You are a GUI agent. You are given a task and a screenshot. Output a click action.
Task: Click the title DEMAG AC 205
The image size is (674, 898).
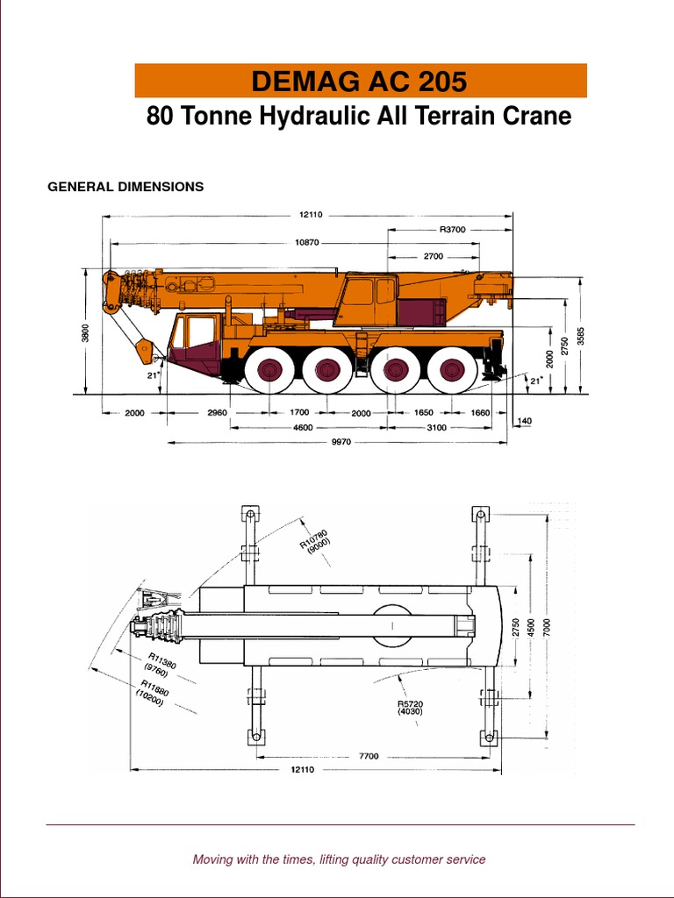point(359,82)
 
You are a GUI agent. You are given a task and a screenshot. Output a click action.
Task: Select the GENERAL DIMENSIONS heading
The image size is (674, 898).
point(125,187)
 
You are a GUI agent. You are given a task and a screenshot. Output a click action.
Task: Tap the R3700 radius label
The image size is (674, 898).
point(452,229)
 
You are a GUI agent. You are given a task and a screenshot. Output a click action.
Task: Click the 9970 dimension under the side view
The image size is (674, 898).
point(341,442)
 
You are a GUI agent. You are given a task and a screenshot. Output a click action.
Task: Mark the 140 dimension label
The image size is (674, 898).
point(525,422)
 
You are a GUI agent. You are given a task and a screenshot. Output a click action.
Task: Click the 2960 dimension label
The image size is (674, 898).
point(218,412)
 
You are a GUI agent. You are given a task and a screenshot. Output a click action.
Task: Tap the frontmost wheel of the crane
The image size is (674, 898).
point(268,371)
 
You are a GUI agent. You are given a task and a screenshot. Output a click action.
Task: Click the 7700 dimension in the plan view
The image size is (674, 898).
point(369,756)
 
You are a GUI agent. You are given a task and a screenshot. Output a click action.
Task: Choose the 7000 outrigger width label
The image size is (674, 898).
point(547,628)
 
